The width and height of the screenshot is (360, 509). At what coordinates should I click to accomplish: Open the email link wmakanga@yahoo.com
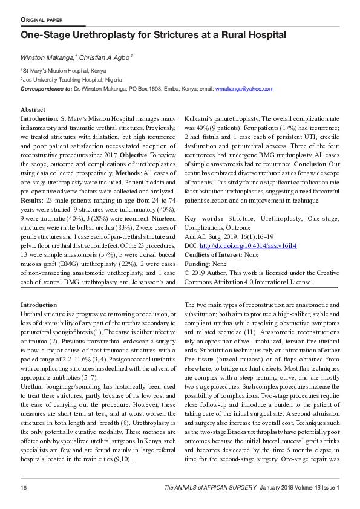(244, 89)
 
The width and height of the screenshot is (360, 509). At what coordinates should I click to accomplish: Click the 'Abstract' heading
(33, 110)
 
